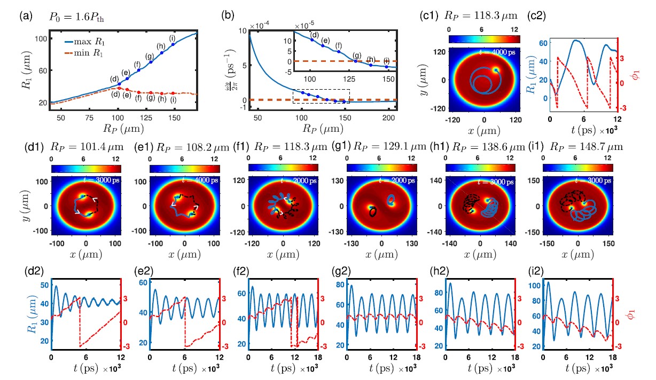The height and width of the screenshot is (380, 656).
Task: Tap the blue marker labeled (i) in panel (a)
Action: (173, 44)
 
